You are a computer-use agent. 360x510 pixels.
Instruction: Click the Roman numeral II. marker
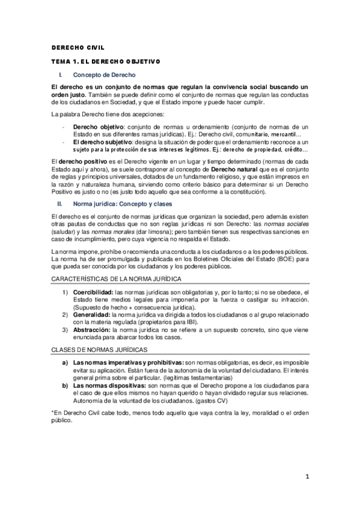pos(60,204)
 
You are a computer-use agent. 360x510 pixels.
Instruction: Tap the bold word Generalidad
pos(91,315)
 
